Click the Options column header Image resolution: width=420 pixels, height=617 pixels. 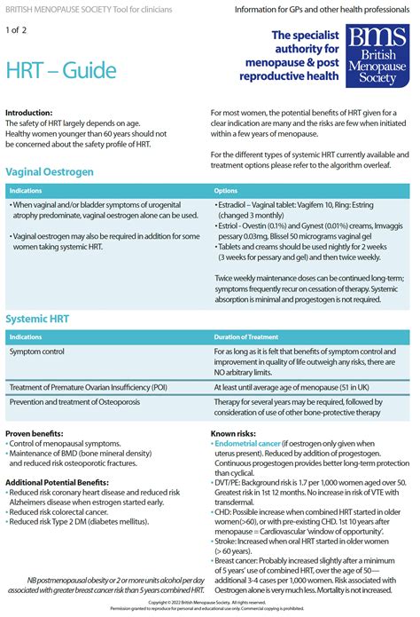227,190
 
